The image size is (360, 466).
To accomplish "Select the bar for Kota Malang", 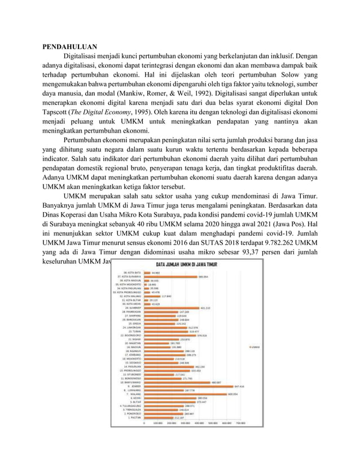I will (152, 296).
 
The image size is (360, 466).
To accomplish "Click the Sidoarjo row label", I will (134, 363).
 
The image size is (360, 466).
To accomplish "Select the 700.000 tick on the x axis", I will (240, 423).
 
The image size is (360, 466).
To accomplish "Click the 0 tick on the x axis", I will (144, 423).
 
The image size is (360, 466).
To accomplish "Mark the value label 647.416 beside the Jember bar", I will (239, 386).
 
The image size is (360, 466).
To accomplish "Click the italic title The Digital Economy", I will (107, 111).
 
